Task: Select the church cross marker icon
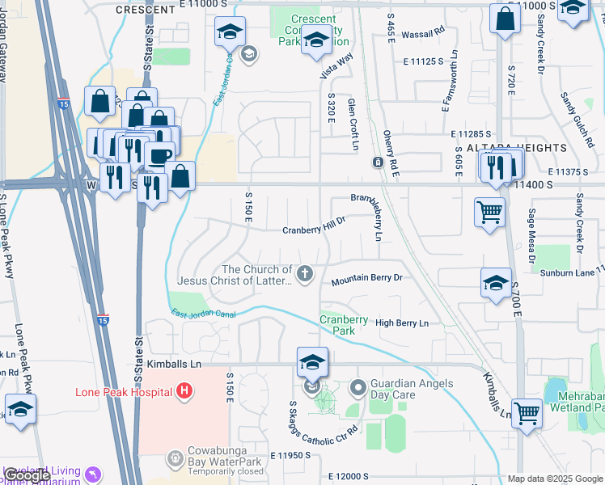pyautogui.click(x=304, y=275)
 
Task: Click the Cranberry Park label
pyautogui.click(x=337, y=324)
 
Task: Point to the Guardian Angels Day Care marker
pyautogui.click(x=358, y=389)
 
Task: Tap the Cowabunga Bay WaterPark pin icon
pyautogui.click(x=175, y=458)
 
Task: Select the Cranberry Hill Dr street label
pyautogui.click(x=314, y=230)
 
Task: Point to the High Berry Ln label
pyautogui.click(x=401, y=323)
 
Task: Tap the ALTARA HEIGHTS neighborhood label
pyautogui.click(x=516, y=148)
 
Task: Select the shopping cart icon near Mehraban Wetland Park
pyautogui.click(x=527, y=412)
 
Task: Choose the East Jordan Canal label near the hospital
pyautogui.click(x=204, y=314)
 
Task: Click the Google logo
pyautogui.click(x=27, y=475)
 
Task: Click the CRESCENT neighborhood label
pyautogui.click(x=146, y=10)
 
